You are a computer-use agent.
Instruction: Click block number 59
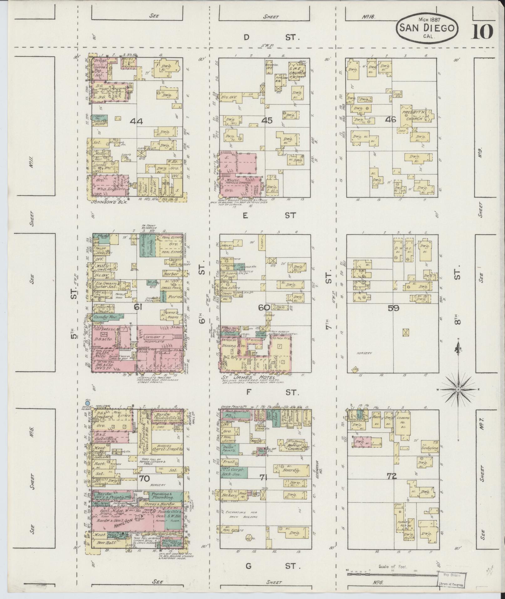click(393, 308)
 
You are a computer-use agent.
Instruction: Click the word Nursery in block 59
click(363, 353)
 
